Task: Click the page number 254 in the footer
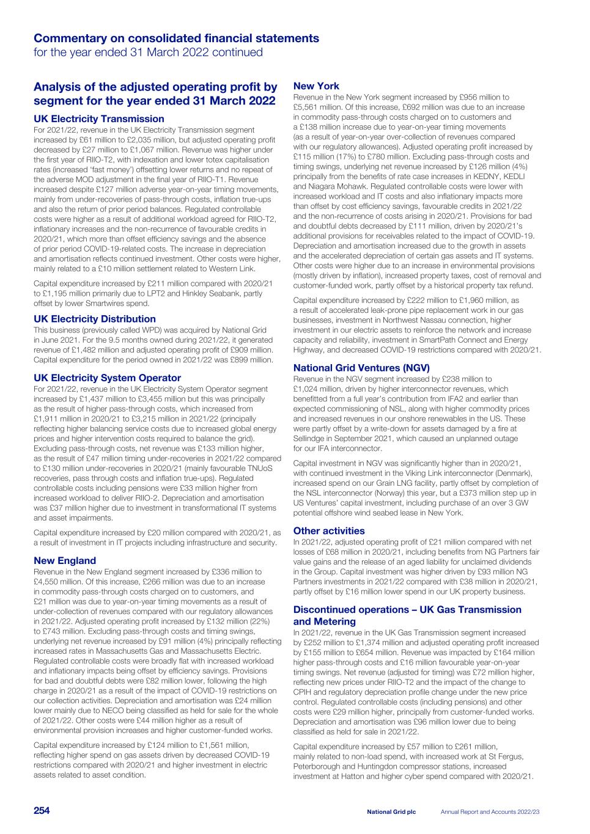coord(42,811)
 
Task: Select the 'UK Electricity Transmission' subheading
coord(99,119)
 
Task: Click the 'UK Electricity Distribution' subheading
coord(95,319)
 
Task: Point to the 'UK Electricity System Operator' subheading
coord(108,378)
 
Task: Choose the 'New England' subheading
coord(65,560)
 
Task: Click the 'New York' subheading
coord(316,86)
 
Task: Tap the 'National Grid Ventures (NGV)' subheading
coord(361,368)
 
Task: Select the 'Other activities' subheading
coord(329,531)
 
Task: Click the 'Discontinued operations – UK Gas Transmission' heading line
coord(407,609)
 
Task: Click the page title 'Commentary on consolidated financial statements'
coord(176,38)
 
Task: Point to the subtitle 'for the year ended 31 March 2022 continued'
coord(148,53)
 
